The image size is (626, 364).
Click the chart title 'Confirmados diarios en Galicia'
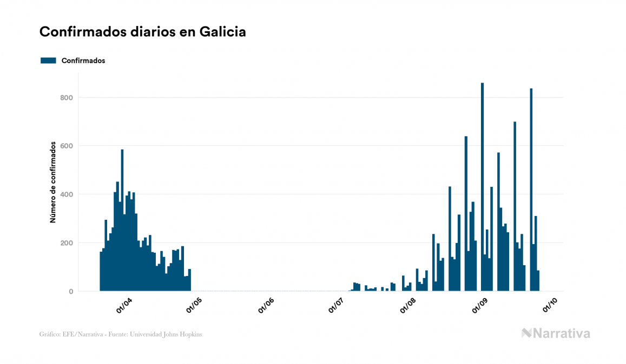(x=143, y=32)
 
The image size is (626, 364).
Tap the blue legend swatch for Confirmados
(x=48, y=60)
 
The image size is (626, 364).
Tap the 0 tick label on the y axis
(x=70, y=292)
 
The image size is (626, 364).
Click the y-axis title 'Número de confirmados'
(x=53, y=182)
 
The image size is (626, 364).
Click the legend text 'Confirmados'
(x=83, y=60)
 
